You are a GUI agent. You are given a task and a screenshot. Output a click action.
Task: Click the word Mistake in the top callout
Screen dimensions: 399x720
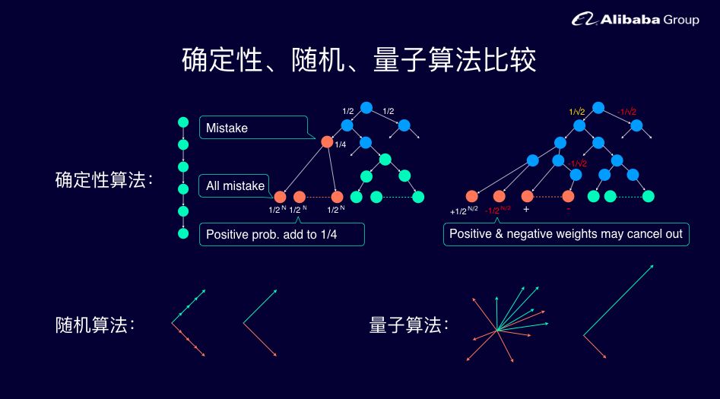click(227, 128)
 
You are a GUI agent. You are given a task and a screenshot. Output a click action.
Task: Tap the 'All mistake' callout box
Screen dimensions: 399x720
click(235, 185)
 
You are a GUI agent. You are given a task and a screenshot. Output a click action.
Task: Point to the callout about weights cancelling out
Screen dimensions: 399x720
click(566, 233)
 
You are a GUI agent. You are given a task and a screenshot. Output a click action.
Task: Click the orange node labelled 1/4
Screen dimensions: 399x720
click(327, 141)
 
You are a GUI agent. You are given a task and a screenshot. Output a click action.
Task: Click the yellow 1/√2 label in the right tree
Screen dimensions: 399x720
click(577, 112)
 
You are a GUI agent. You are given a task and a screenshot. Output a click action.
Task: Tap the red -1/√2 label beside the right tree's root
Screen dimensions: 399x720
click(626, 112)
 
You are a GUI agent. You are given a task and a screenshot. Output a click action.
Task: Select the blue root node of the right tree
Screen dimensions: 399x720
click(598, 108)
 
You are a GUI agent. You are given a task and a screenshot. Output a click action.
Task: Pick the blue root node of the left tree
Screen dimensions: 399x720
click(366, 108)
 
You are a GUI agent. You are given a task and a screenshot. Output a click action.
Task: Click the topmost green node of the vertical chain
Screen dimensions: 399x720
click(182, 122)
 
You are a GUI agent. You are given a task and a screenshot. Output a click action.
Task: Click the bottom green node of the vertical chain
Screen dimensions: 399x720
click(182, 233)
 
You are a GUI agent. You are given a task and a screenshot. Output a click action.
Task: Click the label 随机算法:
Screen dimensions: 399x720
click(95, 325)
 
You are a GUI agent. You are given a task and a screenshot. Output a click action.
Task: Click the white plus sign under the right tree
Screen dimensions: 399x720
click(526, 209)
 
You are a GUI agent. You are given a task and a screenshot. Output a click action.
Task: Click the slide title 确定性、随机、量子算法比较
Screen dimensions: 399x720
click(359, 60)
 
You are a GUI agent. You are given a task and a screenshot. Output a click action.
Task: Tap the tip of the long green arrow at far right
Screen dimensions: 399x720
click(652, 265)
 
